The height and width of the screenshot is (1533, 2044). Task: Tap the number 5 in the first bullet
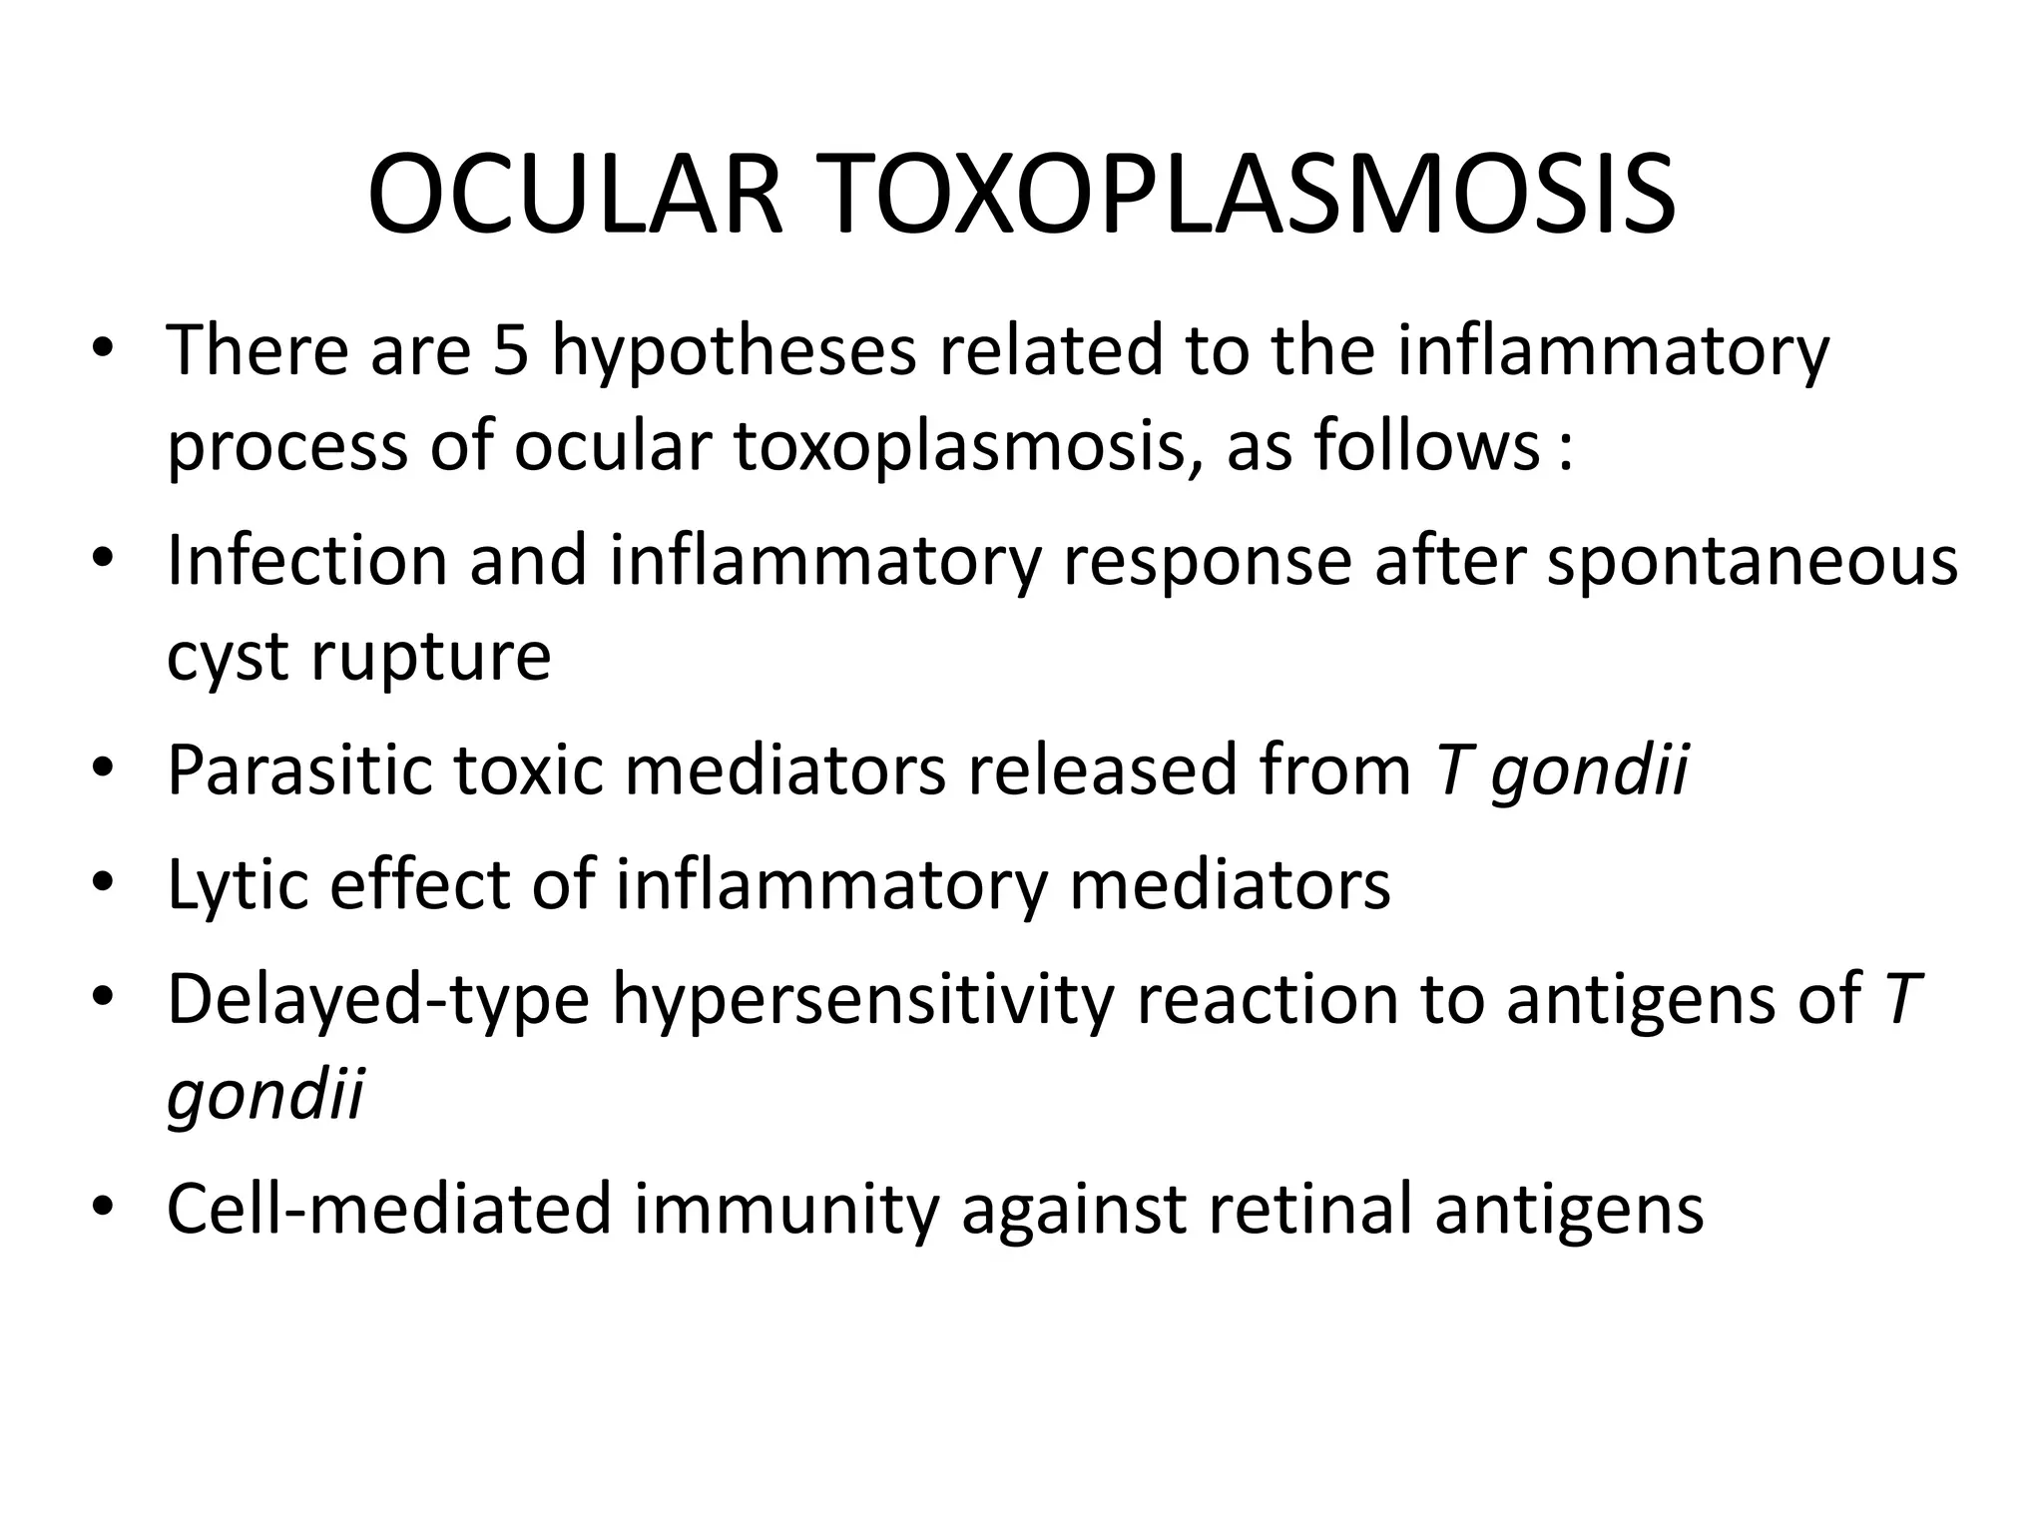click(x=510, y=351)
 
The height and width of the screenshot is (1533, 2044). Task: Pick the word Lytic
click(x=239, y=886)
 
